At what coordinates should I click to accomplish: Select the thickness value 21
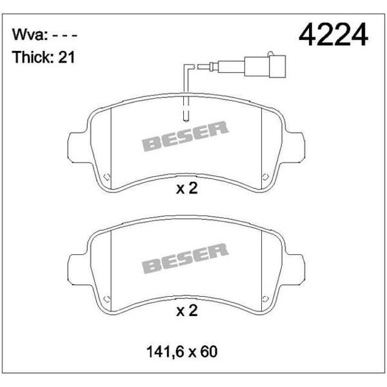(x=68, y=57)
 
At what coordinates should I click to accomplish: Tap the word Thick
(x=32, y=57)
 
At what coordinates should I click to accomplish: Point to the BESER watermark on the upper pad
(x=185, y=137)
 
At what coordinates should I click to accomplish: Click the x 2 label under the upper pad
(x=186, y=190)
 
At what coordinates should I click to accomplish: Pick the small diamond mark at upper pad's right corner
(x=264, y=176)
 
